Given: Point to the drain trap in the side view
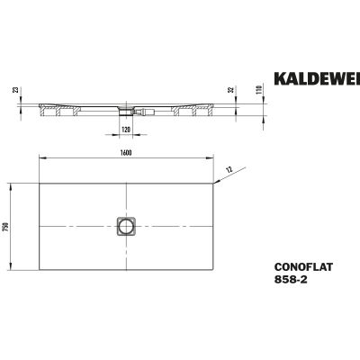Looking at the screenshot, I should click(x=126, y=112).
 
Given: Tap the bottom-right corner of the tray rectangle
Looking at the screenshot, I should click(x=214, y=274).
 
